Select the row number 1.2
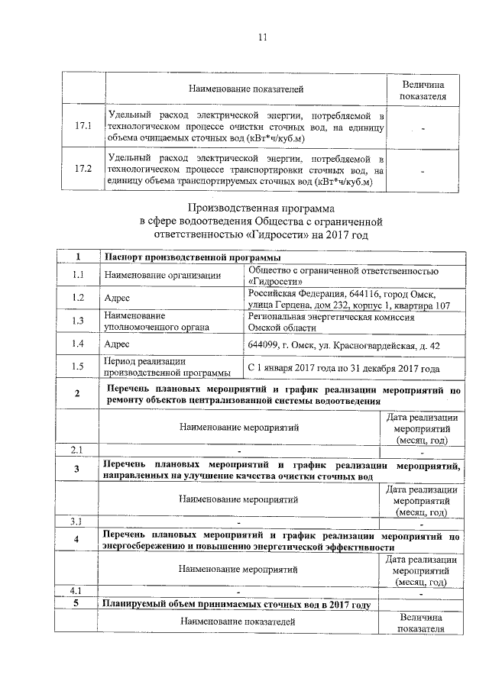(77, 298)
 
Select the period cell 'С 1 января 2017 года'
(297, 368)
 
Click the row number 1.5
(77, 367)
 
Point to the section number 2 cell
(77, 394)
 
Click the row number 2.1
(77, 449)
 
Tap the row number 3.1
(77, 521)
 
